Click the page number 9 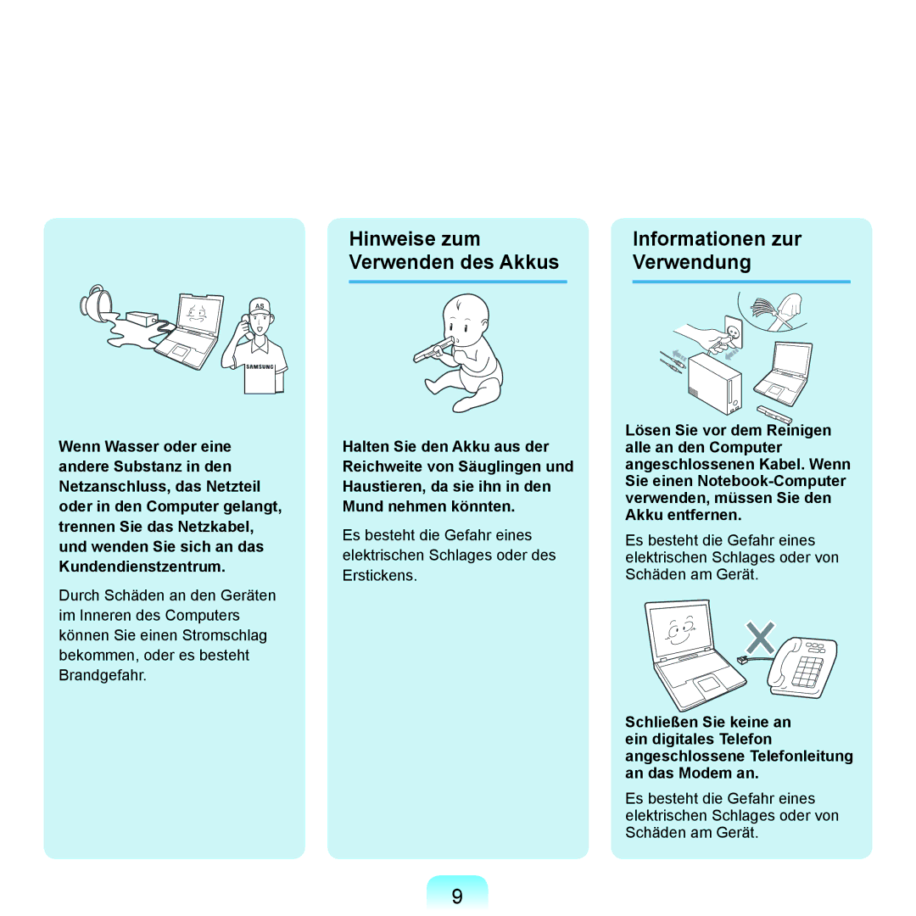click(457, 896)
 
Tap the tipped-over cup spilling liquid click(97, 303)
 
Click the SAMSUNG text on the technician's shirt click(260, 367)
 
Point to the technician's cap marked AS click(260, 307)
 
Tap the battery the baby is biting click(433, 350)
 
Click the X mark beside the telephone click(760, 637)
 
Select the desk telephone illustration click(802, 667)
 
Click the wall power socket click(733, 332)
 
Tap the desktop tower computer click(714, 383)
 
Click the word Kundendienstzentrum click(142, 567)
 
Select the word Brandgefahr click(103, 675)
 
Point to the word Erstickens click(380, 575)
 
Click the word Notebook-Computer click(771, 481)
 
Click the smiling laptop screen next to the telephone click(681, 629)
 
